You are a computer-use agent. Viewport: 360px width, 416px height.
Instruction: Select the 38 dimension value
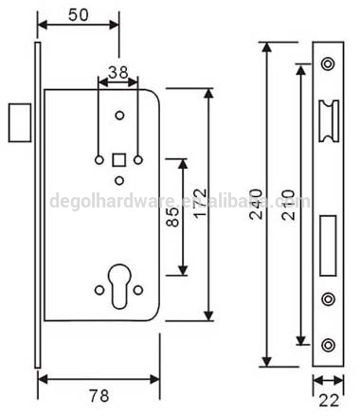coord(117,70)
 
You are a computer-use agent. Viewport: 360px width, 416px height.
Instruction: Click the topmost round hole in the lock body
coord(118,115)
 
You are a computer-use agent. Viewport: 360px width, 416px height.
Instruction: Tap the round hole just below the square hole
coord(118,177)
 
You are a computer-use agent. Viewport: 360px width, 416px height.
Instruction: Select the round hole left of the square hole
coord(98,158)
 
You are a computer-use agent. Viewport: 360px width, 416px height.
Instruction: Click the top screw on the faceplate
coord(327,63)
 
